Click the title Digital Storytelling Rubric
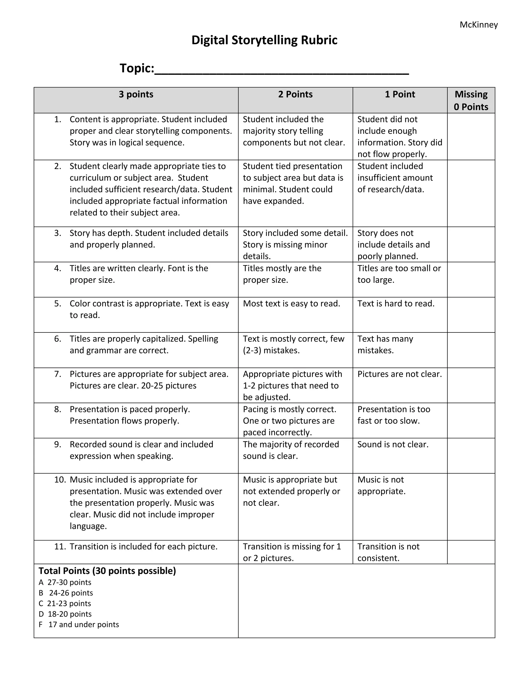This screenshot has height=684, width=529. point(264,40)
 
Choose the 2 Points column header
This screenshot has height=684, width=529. point(295,94)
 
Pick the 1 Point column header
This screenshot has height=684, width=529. point(400,94)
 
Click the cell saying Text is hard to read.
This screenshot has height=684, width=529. point(396,304)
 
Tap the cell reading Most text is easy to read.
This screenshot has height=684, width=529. point(291,304)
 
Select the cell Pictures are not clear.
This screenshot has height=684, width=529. point(399,374)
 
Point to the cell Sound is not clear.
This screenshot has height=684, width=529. point(393,444)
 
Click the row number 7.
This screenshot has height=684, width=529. point(58,374)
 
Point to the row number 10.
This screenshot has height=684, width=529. point(60,480)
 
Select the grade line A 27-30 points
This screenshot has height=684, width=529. point(65,582)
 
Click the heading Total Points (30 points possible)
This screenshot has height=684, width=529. point(107,571)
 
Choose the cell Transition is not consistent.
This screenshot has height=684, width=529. point(388,552)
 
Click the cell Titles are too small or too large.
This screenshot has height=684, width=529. point(399,274)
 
